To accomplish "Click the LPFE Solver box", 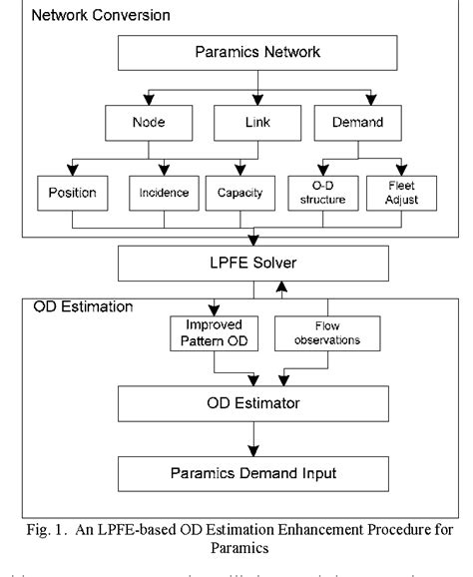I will (253, 264).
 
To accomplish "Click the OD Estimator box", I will (253, 404).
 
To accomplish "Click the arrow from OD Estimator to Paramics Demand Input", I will (254, 436).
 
